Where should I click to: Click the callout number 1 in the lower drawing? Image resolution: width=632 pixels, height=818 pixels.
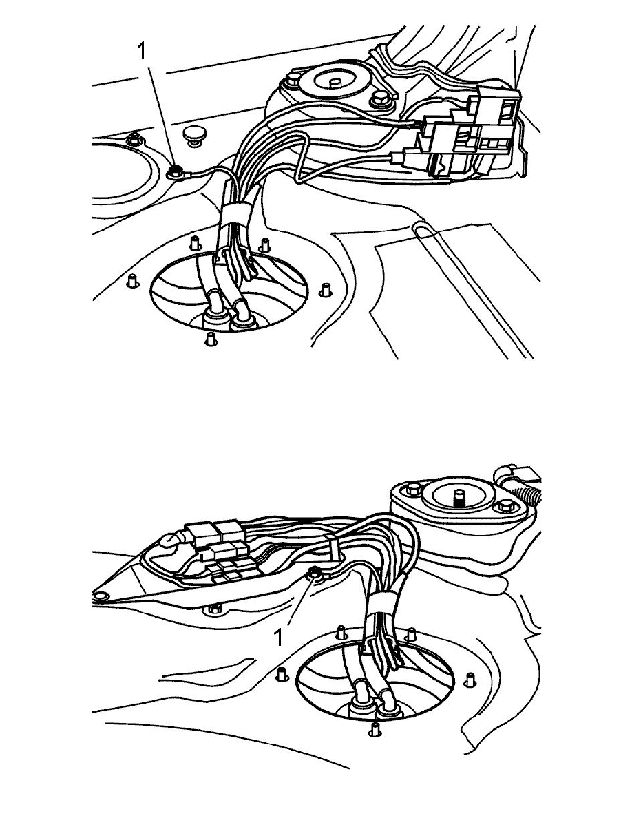(279, 637)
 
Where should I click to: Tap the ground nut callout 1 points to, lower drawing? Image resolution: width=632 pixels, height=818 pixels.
(315, 574)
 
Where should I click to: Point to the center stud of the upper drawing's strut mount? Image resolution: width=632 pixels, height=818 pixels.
(335, 82)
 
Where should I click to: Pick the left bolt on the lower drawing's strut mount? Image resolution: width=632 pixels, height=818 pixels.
(414, 490)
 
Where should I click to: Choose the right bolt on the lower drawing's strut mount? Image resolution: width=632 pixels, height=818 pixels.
(506, 505)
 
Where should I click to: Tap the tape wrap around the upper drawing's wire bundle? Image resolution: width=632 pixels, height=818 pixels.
(235, 214)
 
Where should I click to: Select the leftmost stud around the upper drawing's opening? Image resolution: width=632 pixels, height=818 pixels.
(132, 281)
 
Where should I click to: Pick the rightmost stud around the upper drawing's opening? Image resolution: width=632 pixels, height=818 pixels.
(326, 289)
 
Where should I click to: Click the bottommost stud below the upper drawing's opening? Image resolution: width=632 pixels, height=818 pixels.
(210, 339)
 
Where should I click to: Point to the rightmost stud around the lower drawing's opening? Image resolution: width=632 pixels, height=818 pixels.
(470, 680)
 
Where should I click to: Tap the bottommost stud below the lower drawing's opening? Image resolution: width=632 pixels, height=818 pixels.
(373, 728)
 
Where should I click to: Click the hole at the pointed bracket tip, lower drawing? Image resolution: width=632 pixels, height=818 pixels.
(100, 595)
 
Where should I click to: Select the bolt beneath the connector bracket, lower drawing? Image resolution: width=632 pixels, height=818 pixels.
(214, 608)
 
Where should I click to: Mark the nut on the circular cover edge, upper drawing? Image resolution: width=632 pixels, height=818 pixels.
(135, 139)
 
